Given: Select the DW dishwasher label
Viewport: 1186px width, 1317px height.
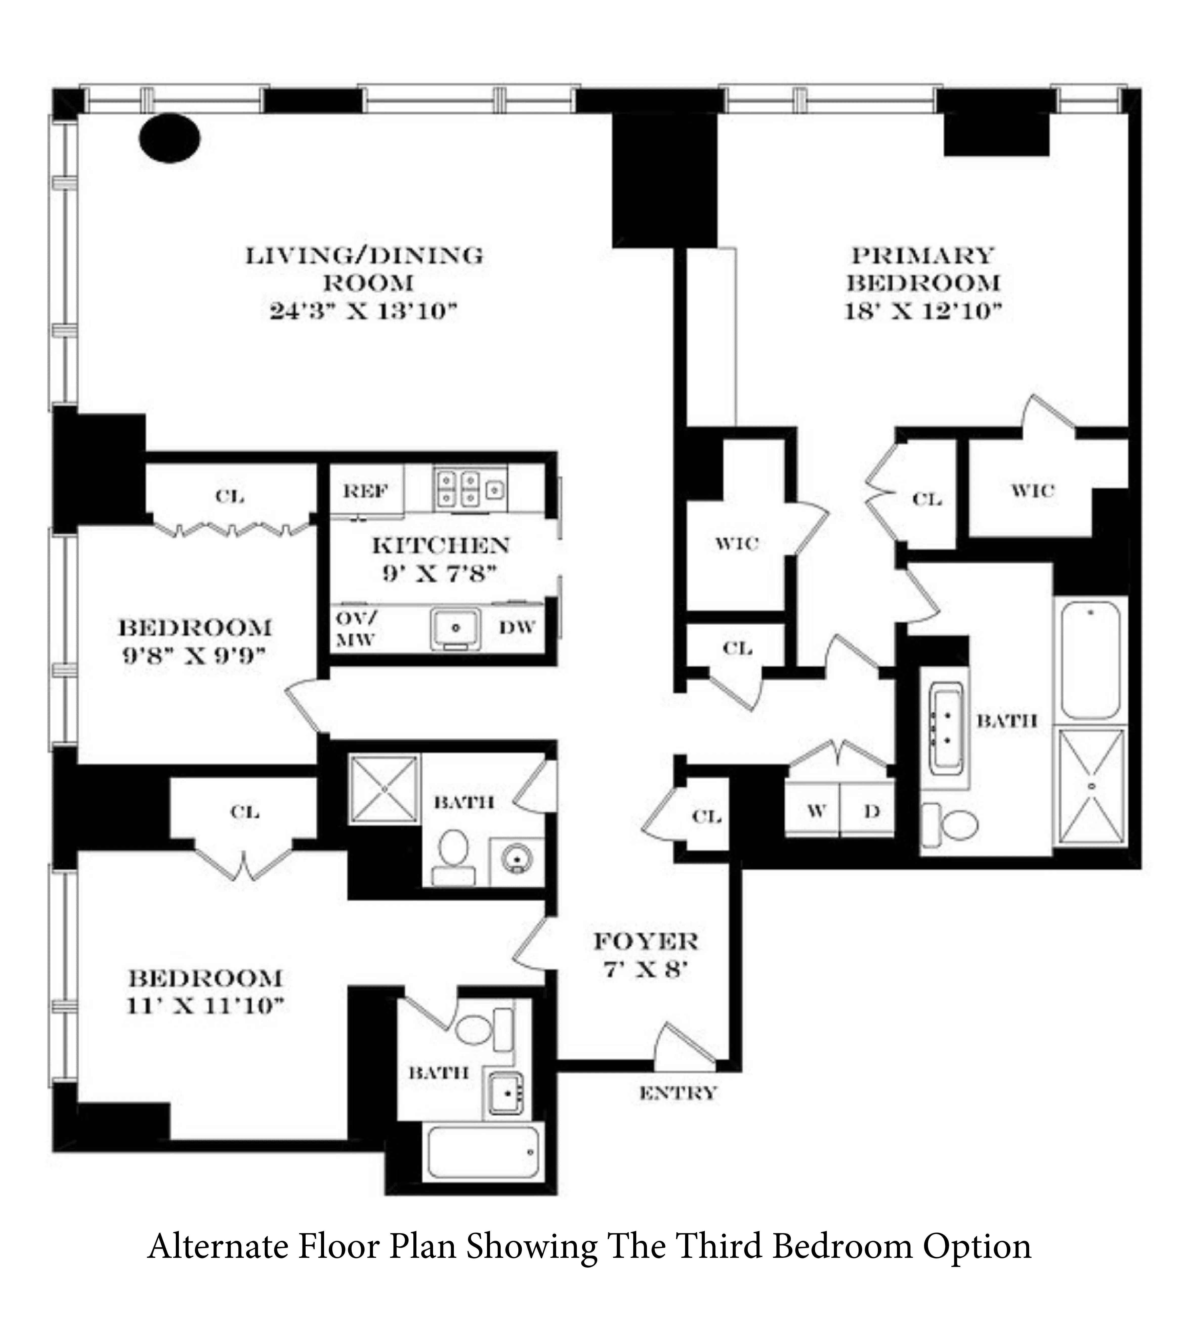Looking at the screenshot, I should (x=517, y=627).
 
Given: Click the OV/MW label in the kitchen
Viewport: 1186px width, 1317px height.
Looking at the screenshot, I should (x=356, y=629).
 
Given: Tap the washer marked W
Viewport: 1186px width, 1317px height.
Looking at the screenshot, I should (x=816, y=811).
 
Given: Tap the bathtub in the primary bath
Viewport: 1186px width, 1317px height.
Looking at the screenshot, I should (x=1090, y=660).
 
